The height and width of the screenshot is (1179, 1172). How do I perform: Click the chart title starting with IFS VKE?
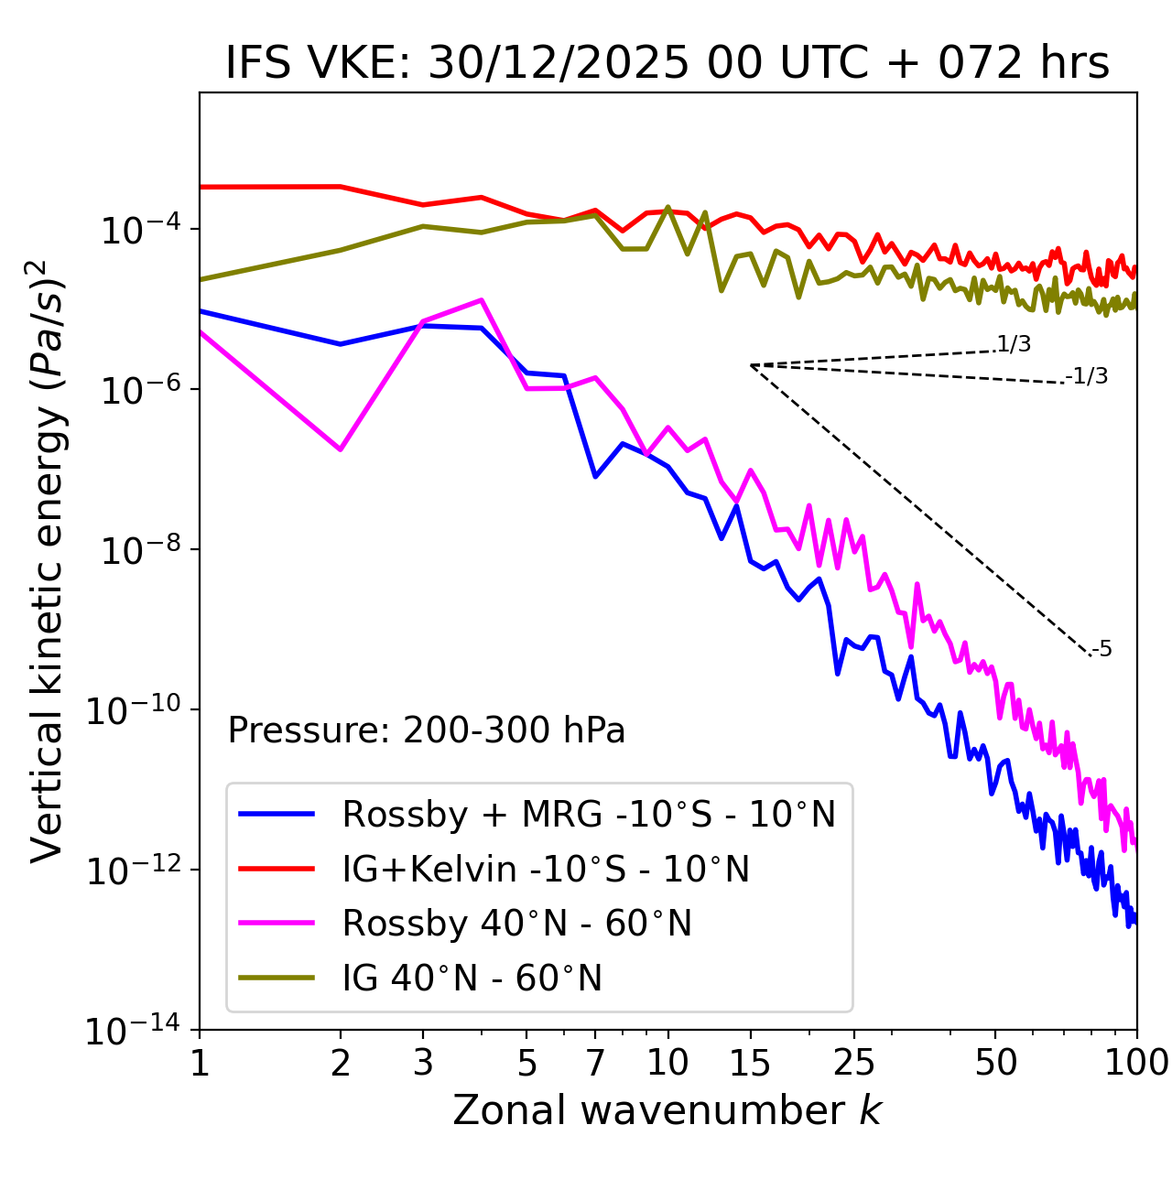(667, 63)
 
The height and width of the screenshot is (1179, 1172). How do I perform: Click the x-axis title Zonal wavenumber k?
(667, 1109)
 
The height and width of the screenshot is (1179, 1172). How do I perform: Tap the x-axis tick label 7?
(595, 1062)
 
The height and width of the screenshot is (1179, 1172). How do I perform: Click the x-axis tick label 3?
(422, 1062)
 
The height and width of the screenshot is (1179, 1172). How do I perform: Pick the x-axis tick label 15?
(750, 1062)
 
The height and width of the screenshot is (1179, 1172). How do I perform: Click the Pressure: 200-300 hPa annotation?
(427, 730)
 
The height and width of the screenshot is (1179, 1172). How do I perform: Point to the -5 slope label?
(1101, 649)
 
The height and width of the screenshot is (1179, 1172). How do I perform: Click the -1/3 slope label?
(1088, 375)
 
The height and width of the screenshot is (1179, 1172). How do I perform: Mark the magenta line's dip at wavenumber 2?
(341, 449)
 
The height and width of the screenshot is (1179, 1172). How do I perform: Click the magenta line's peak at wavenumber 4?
(481, 299)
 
